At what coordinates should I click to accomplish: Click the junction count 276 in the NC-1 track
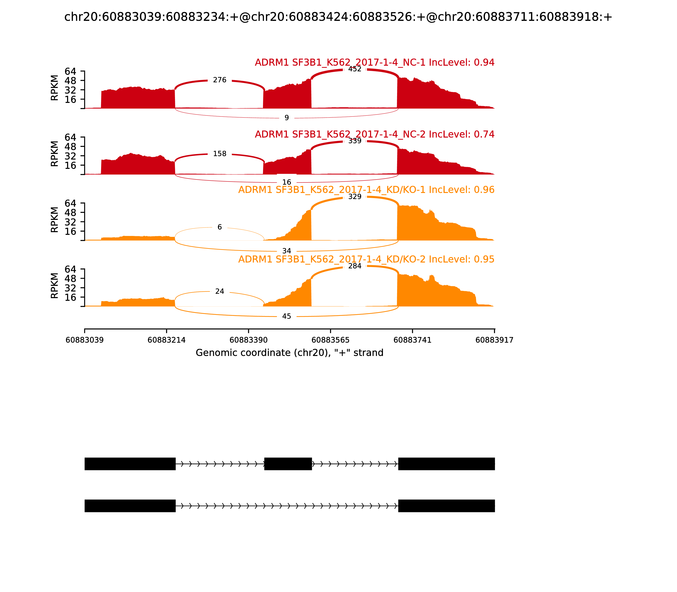click(x=220, y=80)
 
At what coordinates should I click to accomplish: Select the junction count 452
click(x=355, y=69)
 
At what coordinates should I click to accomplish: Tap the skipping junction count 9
click(x=287, y=118)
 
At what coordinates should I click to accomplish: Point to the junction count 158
click(x=220, y=154)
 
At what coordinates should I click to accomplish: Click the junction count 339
click(x=355, y=141)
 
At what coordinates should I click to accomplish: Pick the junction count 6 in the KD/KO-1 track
click(x=220, y=227)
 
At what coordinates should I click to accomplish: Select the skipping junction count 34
click(x=287, y=251)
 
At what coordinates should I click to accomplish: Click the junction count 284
click(x=355, y=266)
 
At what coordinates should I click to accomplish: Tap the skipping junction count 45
click(x=287, y=317)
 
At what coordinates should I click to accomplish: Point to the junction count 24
click(x=220, y=291)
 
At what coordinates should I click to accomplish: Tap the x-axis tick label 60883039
click(x=85, y=340)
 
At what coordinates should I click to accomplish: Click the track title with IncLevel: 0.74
click(x=374, y=134)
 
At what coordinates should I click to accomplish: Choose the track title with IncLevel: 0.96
click(x=366, y=190)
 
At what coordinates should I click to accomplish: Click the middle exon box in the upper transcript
click(x=288, y=464)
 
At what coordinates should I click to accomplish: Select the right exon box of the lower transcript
click(x=446, y=506)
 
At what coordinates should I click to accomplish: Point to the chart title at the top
click(x=338, y=17)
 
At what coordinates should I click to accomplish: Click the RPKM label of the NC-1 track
click(x=55, y=88)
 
